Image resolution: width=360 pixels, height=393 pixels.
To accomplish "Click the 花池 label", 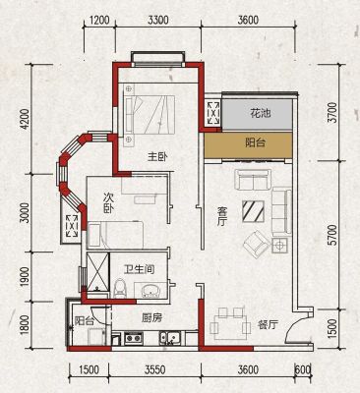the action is point(261,114).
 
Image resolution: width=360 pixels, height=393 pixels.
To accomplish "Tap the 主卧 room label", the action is point(157,157).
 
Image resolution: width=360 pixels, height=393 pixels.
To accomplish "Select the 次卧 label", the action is point(108,203).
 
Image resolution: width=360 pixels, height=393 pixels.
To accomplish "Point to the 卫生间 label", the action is point(140,269).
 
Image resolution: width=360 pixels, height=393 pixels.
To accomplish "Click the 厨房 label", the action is point(151,317).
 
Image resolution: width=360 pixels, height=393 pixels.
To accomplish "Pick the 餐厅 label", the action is point(268,325).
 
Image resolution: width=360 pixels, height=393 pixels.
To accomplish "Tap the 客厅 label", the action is point(222,216).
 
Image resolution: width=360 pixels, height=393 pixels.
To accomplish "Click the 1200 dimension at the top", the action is point(98,21).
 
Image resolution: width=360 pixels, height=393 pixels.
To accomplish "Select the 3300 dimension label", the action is point(158,21).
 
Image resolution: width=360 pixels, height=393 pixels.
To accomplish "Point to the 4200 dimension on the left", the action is point(26,120).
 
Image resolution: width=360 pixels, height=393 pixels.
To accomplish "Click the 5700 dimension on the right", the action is point(332,235).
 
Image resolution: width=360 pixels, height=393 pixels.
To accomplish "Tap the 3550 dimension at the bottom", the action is point(154,370).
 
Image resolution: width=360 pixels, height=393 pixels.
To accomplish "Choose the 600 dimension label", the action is point(303,370).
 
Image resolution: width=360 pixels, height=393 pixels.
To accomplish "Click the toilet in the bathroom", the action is point(120,288).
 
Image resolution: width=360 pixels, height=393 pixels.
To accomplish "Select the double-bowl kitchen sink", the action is point(168,338).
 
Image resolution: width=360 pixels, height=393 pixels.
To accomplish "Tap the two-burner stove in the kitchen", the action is point(133,338).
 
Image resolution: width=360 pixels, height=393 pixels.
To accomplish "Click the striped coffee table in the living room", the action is point(254,211).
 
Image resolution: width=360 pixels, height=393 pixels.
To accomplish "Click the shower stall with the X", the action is point(97,271).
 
